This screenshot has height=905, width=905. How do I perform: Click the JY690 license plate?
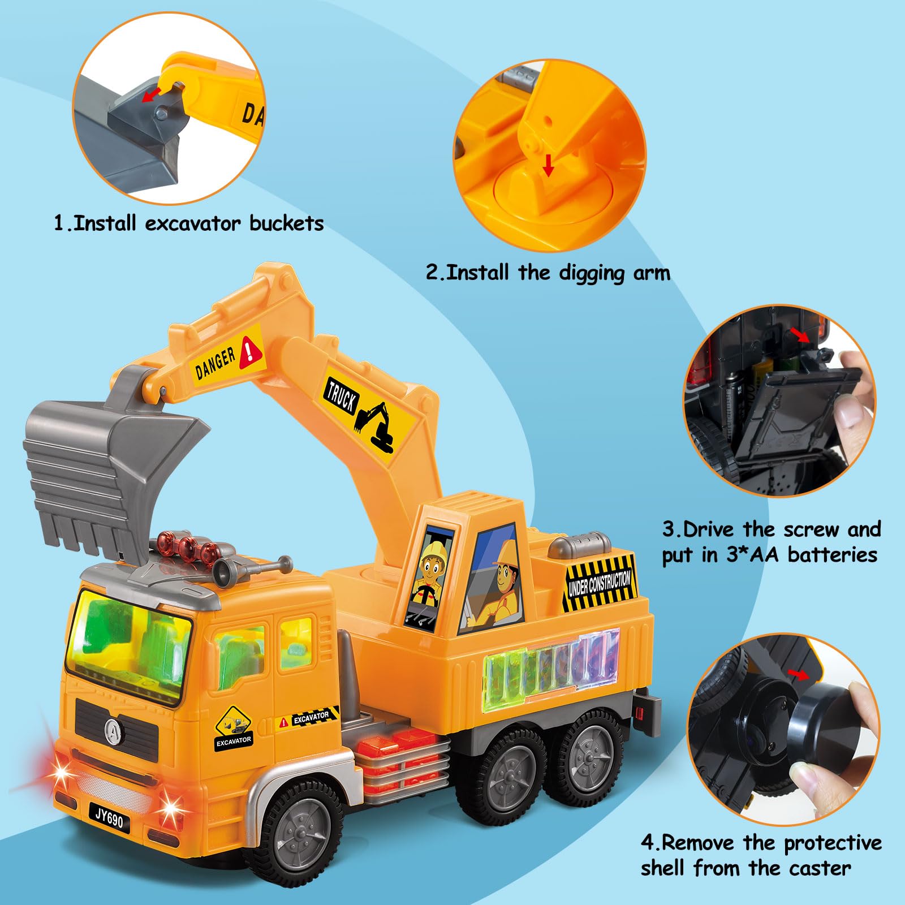pyautogui.click(x=109, y=818)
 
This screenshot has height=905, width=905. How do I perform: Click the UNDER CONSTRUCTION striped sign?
pyautogui.click(x=600, y=583)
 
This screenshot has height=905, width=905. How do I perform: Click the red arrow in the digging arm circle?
pyautogui.click(x=548, y=165)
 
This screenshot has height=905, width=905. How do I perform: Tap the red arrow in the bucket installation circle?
pyautogui.click(x=151, y=93)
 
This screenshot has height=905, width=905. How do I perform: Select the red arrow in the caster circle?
pyautogui.click(x=799, y=674)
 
